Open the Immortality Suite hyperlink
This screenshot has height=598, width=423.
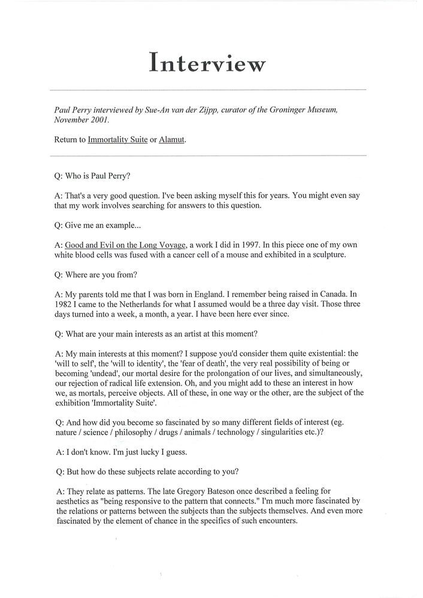click(x=117, y=140)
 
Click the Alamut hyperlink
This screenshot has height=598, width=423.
click(x=172, y=140)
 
